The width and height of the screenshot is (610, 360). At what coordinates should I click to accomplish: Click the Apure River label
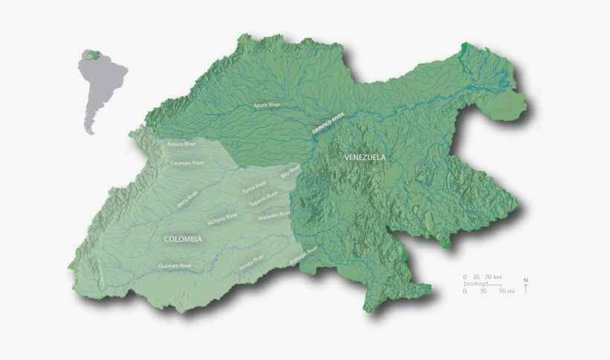(269, 106)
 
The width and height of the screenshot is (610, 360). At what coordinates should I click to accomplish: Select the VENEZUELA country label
(365, 158)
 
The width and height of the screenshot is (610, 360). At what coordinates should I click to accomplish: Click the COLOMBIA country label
(182, 239)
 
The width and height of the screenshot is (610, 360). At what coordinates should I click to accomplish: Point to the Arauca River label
(182, 143)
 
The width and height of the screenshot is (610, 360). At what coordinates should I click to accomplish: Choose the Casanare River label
(187, 162)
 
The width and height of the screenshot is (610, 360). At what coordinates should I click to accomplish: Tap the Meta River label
(187, 199)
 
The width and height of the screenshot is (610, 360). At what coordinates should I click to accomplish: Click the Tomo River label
(254, 187)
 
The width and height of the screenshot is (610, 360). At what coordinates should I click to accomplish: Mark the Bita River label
(287, 173)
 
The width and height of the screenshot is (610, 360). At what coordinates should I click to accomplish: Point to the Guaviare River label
(175, 266)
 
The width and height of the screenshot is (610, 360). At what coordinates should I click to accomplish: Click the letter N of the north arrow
(526, 280)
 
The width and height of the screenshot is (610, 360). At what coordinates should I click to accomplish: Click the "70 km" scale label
(493, 277)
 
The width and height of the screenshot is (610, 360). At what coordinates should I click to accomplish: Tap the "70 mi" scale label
(507, 292)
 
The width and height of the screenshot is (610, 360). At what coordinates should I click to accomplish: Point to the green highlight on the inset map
(92, 55)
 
